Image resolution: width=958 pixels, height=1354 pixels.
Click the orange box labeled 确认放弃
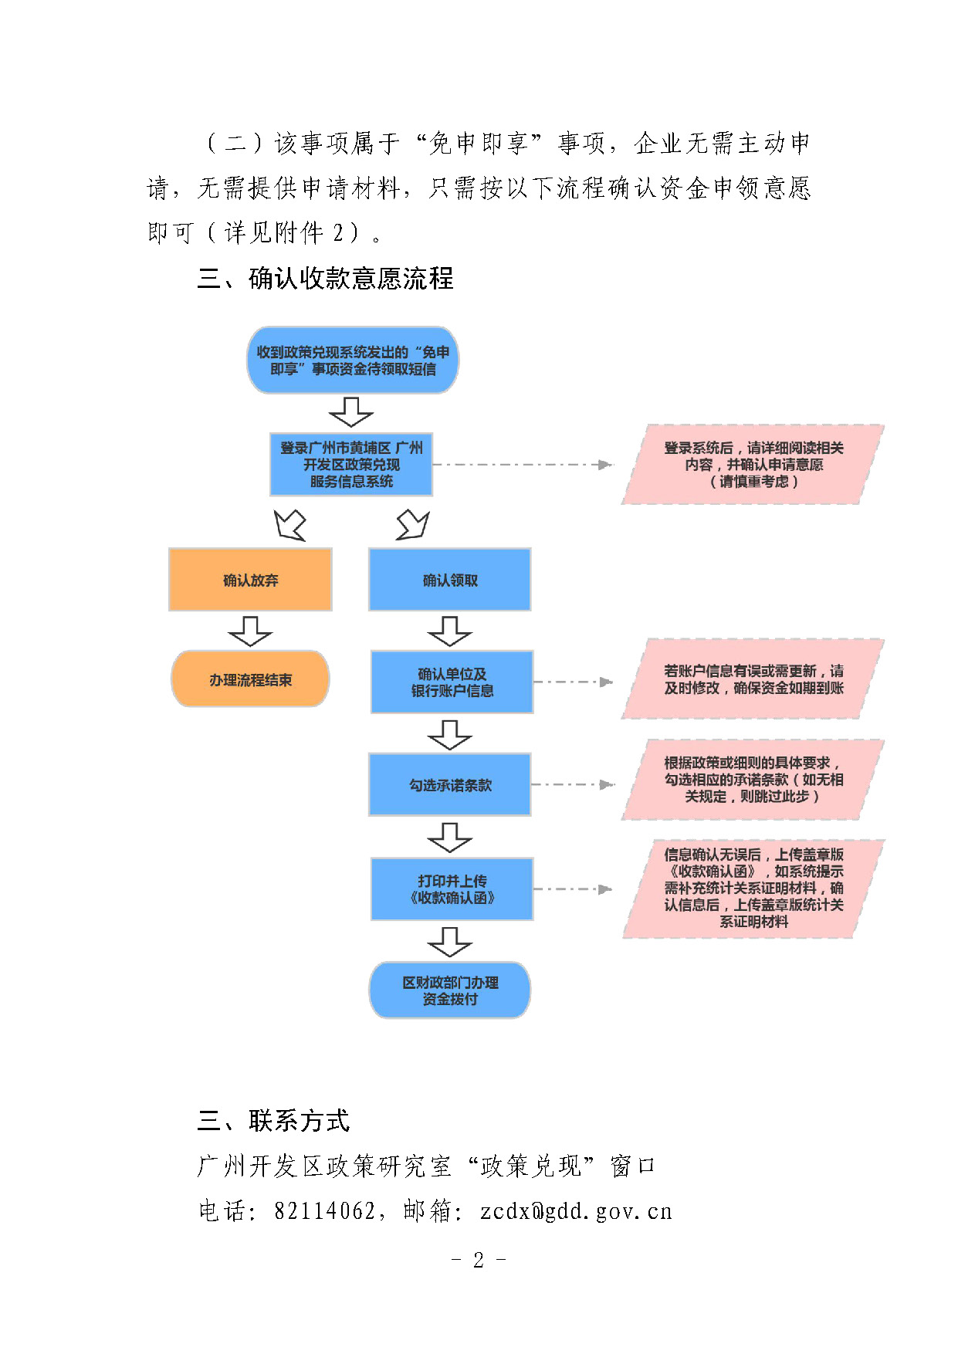250,580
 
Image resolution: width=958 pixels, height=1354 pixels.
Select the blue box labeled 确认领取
450,580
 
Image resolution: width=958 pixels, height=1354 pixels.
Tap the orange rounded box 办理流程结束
250,679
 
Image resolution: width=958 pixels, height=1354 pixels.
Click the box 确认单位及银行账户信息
452,682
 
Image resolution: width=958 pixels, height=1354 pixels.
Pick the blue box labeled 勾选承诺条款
450,785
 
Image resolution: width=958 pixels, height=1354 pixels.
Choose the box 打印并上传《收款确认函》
452,889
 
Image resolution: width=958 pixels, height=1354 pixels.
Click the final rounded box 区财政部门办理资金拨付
450,990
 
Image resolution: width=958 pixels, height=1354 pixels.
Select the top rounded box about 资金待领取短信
353,361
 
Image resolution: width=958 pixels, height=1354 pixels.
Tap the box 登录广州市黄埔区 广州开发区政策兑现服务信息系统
351,465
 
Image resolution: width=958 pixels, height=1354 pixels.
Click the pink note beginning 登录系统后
753,465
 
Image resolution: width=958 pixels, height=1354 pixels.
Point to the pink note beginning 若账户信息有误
753,679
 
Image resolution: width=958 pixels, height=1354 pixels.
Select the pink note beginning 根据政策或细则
753,780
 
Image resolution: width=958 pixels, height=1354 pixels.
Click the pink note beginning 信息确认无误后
753,889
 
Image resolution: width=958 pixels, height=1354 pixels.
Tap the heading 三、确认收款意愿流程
325,279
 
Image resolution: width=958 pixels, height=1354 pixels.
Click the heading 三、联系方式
273,1120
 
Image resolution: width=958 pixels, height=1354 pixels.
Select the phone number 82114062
325,1210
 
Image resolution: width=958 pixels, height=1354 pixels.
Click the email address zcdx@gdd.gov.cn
576,1211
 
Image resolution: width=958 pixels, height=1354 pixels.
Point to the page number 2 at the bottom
479,1260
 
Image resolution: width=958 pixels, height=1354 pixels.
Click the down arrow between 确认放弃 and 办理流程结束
250,631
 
